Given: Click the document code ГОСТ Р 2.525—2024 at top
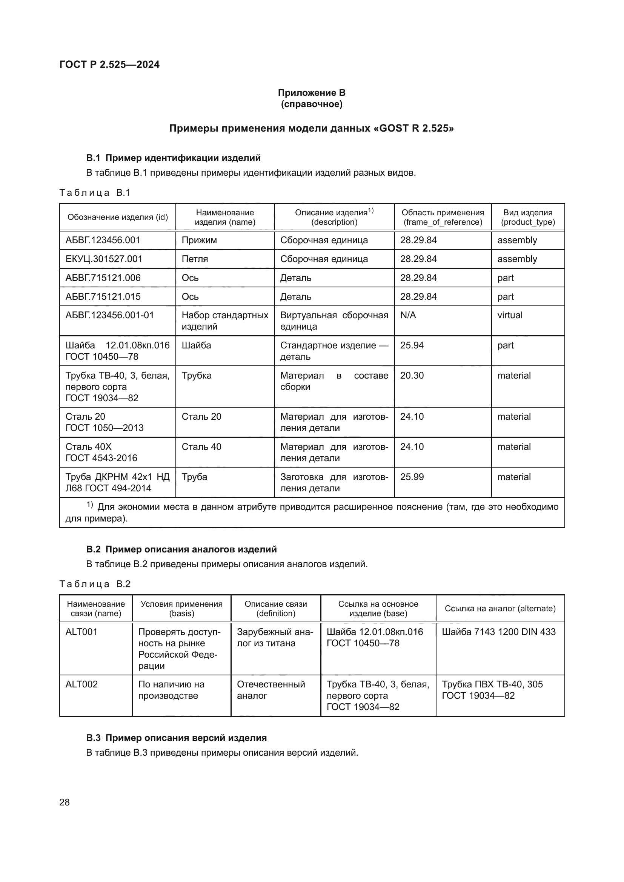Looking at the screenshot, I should tap(109, 64).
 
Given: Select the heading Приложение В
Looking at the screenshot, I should tap(311, 93).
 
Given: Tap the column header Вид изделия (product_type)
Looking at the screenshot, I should tap(527, 217).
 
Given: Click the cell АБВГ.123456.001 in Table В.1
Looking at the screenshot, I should tap(103, 240).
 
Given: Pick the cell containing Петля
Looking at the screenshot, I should tap(195, 259).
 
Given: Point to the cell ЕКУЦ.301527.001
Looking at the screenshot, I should tap(104, 259).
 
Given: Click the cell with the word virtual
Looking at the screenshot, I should tap(510, 315).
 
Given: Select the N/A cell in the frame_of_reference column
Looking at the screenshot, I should tap(408, 315).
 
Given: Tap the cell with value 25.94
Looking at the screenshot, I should tap(412, 345).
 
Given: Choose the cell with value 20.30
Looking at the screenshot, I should tap(412, 375).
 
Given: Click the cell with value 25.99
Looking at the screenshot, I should tap(412, 477).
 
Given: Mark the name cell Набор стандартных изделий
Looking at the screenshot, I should tap(225, 321).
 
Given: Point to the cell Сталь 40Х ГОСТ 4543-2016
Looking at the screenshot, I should tap(101, 452).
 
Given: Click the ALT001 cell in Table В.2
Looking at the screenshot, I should tap(81, 632).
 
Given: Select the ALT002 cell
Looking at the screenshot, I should tap(81, 684).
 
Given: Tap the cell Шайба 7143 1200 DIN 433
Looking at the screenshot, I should tap(499, 632).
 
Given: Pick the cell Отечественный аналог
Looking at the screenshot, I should tap(271, 690).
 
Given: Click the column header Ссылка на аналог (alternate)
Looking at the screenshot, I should tap(500, 609).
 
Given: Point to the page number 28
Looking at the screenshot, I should tap(65, 802).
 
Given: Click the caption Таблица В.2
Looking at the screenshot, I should tap(95, 584).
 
